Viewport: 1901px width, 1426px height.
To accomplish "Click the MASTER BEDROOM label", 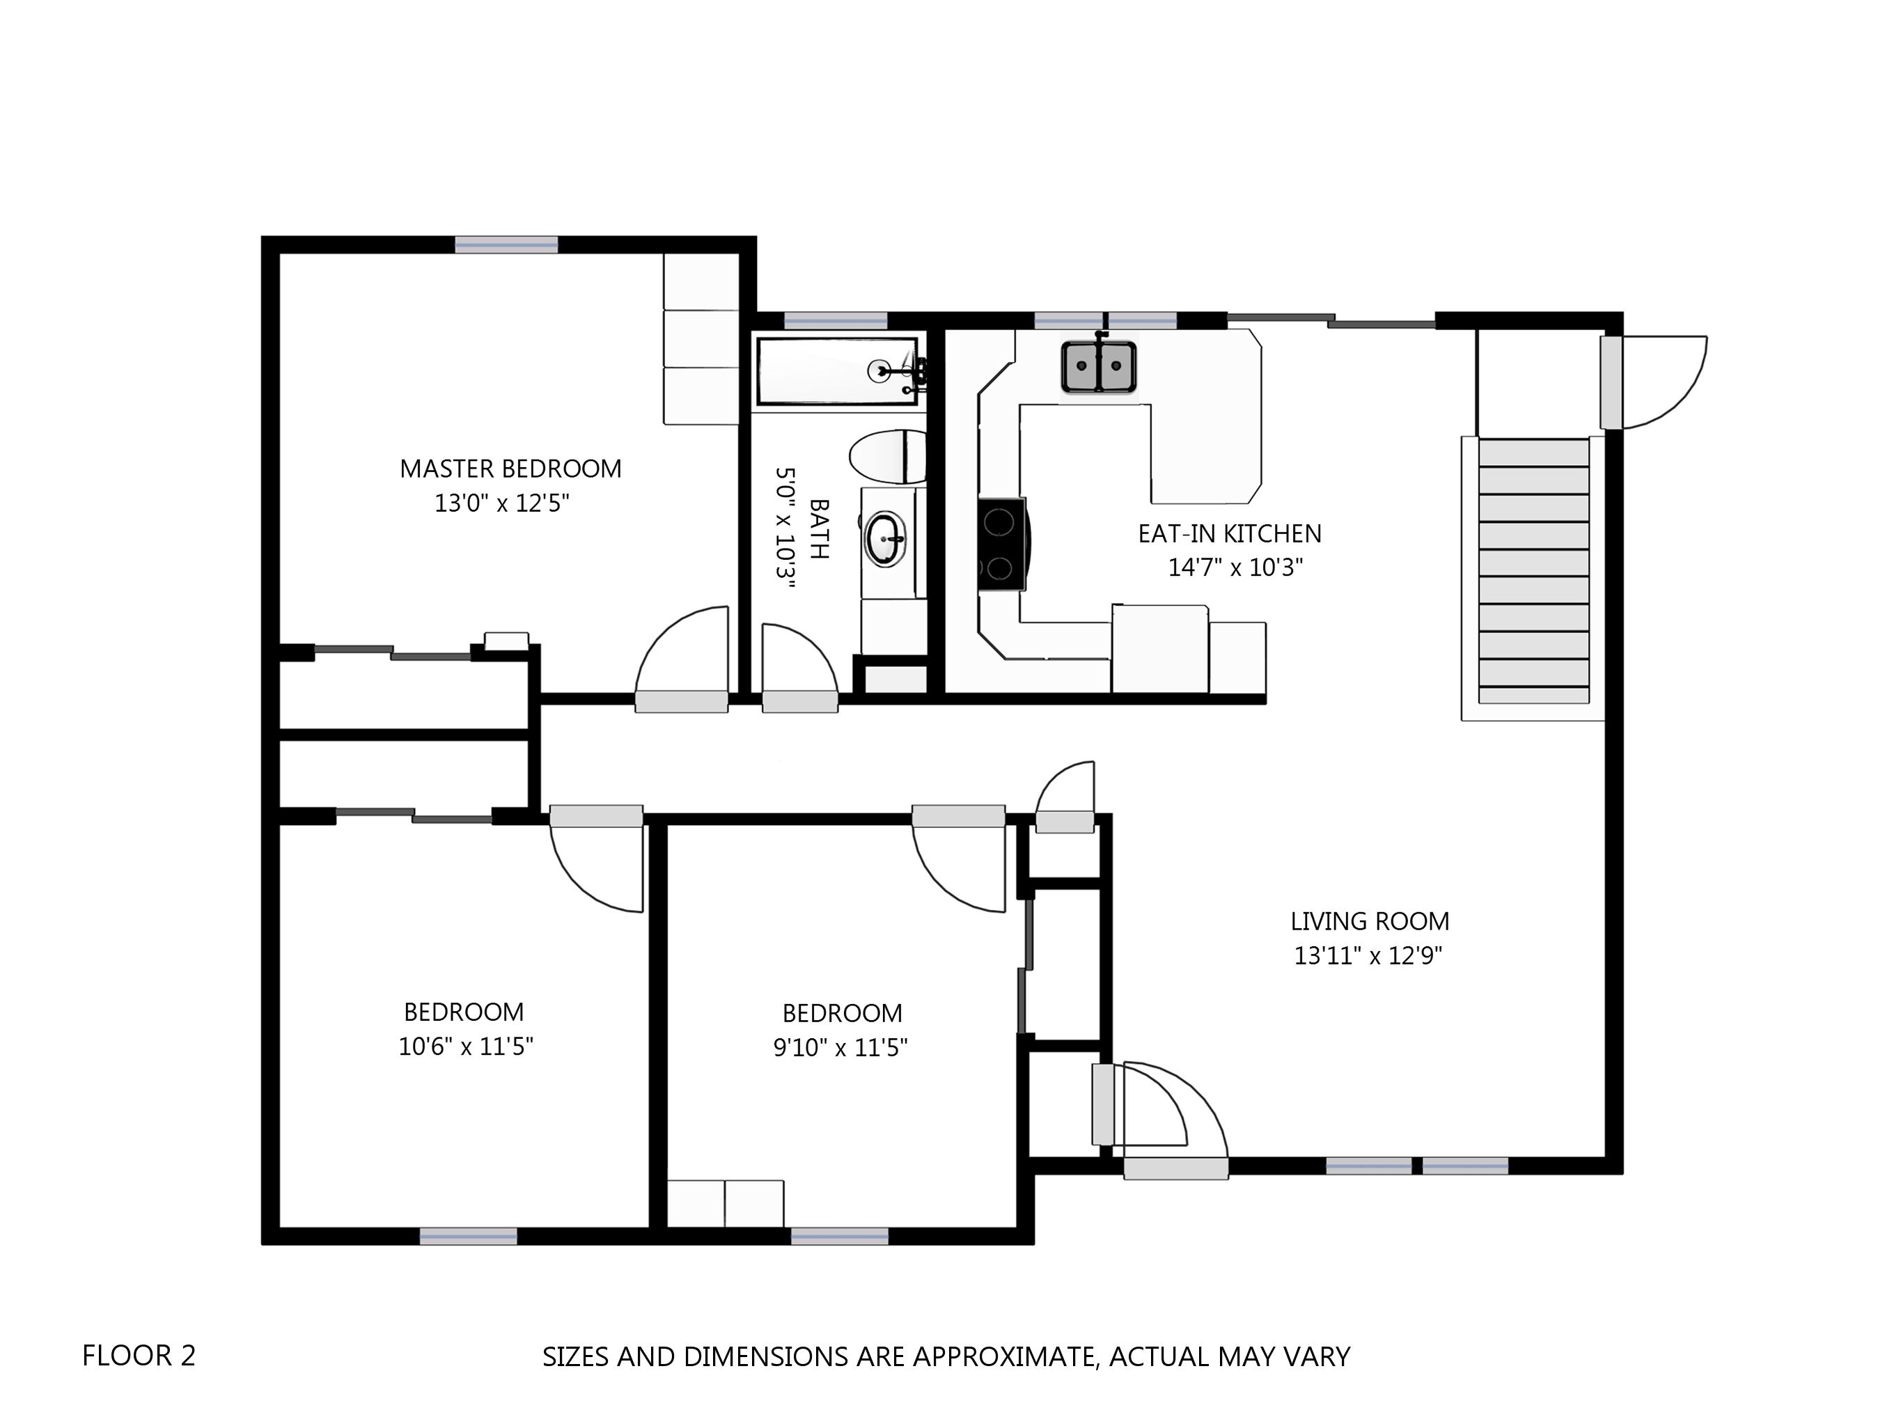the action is point(510,469).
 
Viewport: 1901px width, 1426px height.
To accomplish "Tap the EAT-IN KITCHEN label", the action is point(1230,534).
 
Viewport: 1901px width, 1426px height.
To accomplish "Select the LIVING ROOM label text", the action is point(1370,921).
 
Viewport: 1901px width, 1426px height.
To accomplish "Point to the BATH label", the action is point(820,528).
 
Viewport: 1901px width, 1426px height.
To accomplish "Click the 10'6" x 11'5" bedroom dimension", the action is point(466,1046).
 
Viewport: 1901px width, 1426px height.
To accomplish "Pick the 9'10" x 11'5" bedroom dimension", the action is point(840,1047).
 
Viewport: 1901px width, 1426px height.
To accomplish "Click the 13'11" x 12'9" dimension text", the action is point(1368,956).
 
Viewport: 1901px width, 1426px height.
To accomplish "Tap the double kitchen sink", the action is point(1098,367).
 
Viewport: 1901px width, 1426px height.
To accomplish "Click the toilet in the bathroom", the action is point(888,457).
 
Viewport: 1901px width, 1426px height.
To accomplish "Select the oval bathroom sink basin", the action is point(885,539).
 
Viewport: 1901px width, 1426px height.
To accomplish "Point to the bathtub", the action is point(838,370).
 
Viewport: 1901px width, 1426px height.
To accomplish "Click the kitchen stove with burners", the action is point(1002,544).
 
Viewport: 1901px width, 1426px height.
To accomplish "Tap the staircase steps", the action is point(1533,571).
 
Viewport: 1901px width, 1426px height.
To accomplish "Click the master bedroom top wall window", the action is point(506,245).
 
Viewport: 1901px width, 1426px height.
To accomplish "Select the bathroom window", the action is point(836,320).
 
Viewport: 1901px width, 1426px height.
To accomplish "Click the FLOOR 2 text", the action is point(139,1356).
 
